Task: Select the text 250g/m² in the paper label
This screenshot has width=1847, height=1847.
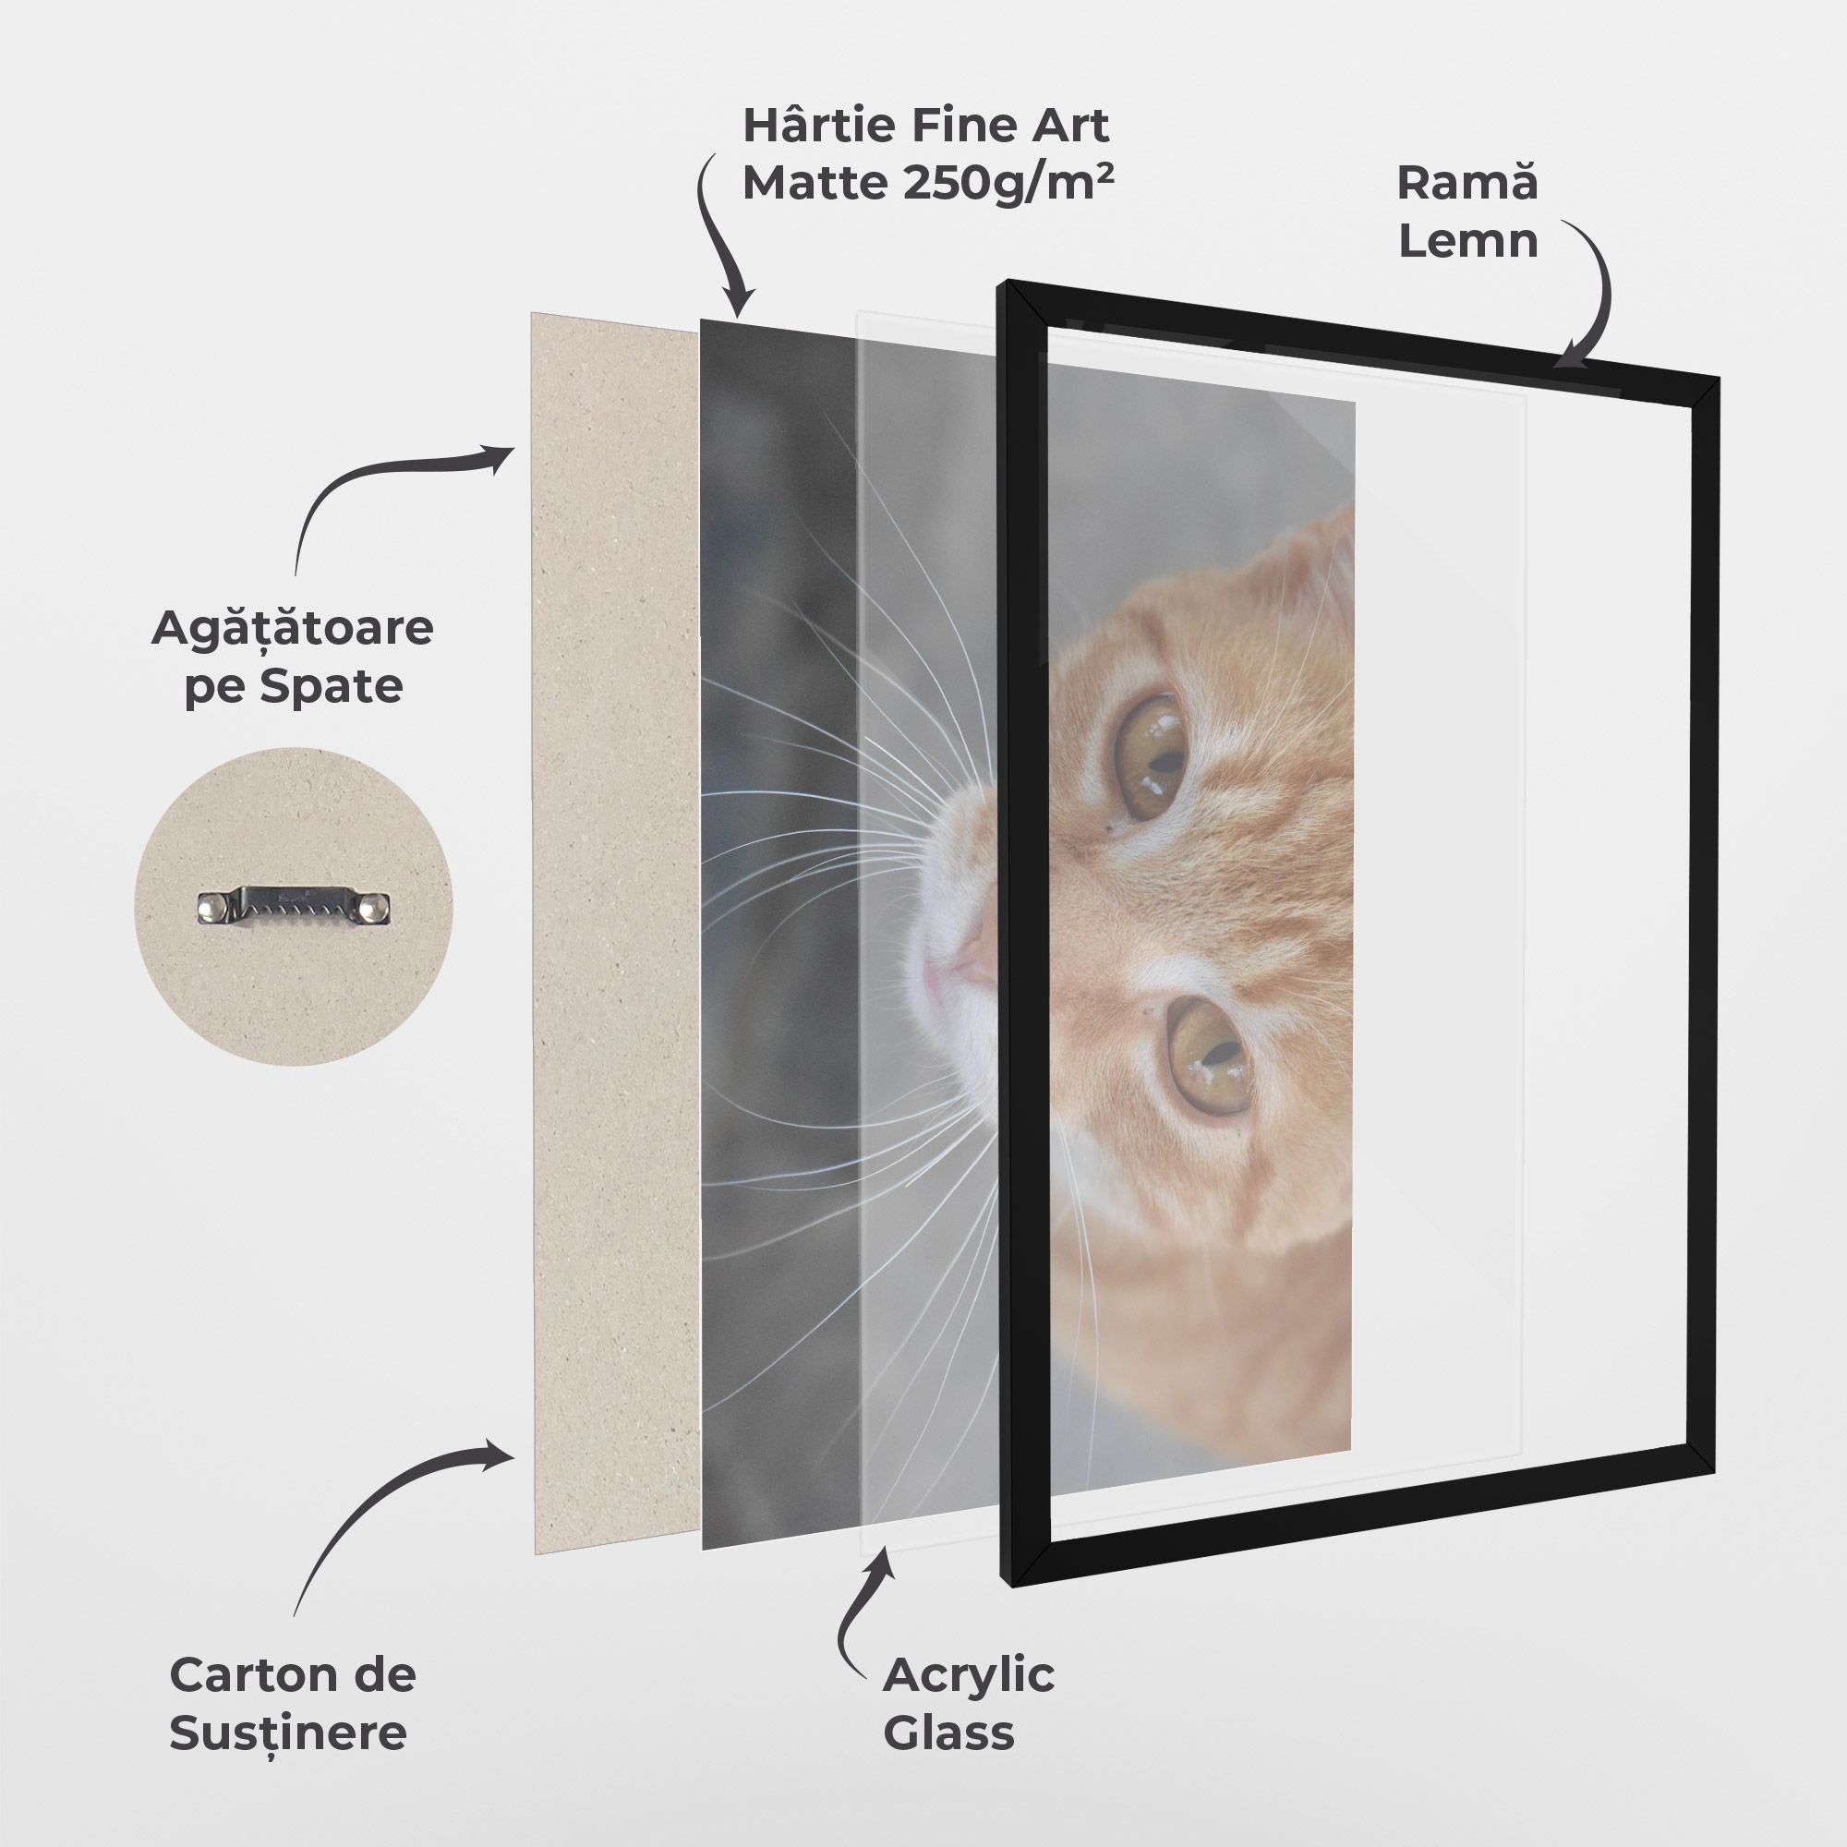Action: coord(1007,183)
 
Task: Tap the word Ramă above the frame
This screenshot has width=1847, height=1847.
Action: coord(1467,183)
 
